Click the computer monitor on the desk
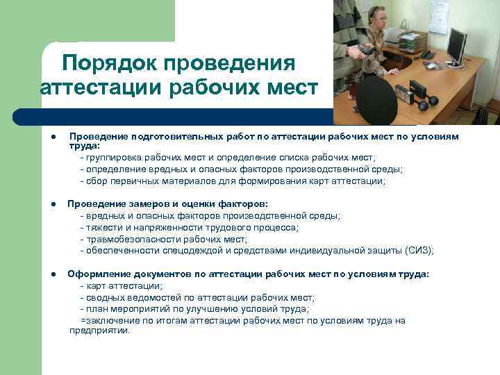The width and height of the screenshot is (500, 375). click(x=456, y=44)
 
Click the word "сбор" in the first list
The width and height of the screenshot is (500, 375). click(x=97, y=181)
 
